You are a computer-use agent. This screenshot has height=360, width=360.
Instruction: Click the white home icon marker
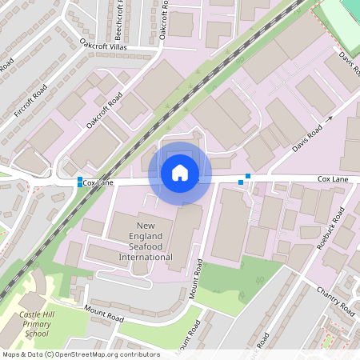coord(180,171)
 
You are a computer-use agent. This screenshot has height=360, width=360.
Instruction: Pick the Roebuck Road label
coord(330,228)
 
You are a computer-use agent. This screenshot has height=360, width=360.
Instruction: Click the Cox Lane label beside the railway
coord(98,183)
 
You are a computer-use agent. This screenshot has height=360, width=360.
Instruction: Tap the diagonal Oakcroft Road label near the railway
coord(103,113)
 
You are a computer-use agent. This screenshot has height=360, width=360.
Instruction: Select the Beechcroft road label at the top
coord(119,18)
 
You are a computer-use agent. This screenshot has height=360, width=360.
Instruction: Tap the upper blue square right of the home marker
coord(248,175)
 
